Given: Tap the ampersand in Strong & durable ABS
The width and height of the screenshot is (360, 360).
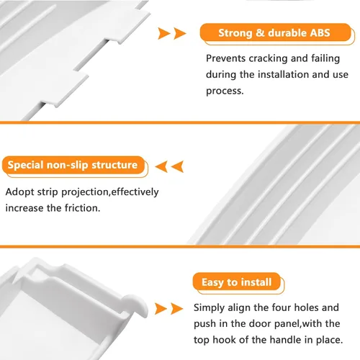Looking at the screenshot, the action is (x=260, y=33).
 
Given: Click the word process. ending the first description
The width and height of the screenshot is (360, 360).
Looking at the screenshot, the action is (x=225, y=91).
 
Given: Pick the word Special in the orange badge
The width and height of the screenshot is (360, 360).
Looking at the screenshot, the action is (x=25, y=165).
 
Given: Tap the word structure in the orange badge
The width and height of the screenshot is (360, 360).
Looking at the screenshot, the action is (x=114, y=165).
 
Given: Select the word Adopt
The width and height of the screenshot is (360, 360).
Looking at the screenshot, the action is (x=19, y=192).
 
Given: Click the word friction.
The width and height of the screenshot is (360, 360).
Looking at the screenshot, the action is (x=83, y=208).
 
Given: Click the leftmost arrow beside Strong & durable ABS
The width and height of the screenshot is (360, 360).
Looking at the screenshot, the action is (x=163, y=33).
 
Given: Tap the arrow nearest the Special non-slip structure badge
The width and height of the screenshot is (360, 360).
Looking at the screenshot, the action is (x=161, y=166).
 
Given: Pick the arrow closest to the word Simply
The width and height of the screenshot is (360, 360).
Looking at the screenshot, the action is (x=177, y=309).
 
